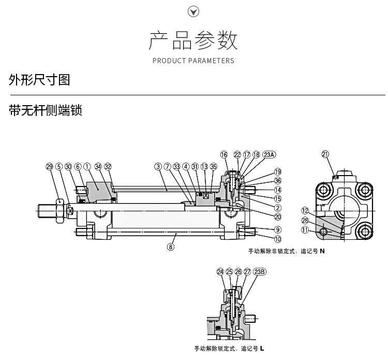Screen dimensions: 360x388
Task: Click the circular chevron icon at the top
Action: tap(193, 12)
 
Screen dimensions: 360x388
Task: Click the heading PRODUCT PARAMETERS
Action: tap(193, 61)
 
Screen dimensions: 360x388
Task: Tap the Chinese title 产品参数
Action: tap(193, 40)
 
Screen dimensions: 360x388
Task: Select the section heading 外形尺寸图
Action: tap(39, 80)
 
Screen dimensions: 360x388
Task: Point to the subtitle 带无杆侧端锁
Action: tap(46, 111)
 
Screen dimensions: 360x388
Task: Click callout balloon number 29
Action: tap(50, 166)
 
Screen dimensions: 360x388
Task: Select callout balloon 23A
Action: tap(270, 154)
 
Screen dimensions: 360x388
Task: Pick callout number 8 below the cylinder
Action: tap(171, 247)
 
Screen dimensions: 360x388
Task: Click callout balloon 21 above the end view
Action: tap(325, 153)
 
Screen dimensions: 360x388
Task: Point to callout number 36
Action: tap(278, 181)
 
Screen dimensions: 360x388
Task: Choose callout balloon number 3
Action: tap(158, 166)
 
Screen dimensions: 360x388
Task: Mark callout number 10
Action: tap(278, 239)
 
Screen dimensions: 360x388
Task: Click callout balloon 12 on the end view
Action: tap(305, 210)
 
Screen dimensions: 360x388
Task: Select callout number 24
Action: tap(220, 271)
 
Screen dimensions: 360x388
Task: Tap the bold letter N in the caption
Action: tap(322, 251)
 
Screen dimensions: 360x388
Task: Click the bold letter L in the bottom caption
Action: tap(262, 348)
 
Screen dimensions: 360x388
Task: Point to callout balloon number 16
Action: tap(224, 154)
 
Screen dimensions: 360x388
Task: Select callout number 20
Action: tap(278, 217)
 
